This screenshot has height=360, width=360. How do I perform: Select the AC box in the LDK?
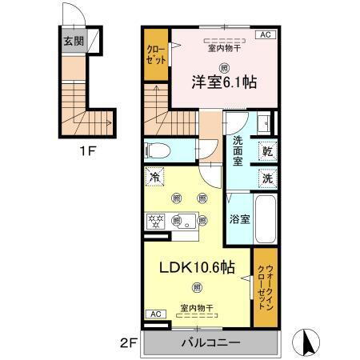point(155,314)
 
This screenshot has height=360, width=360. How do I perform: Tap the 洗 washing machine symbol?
point(266,178)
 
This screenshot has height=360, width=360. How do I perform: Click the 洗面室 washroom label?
point(238,152)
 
